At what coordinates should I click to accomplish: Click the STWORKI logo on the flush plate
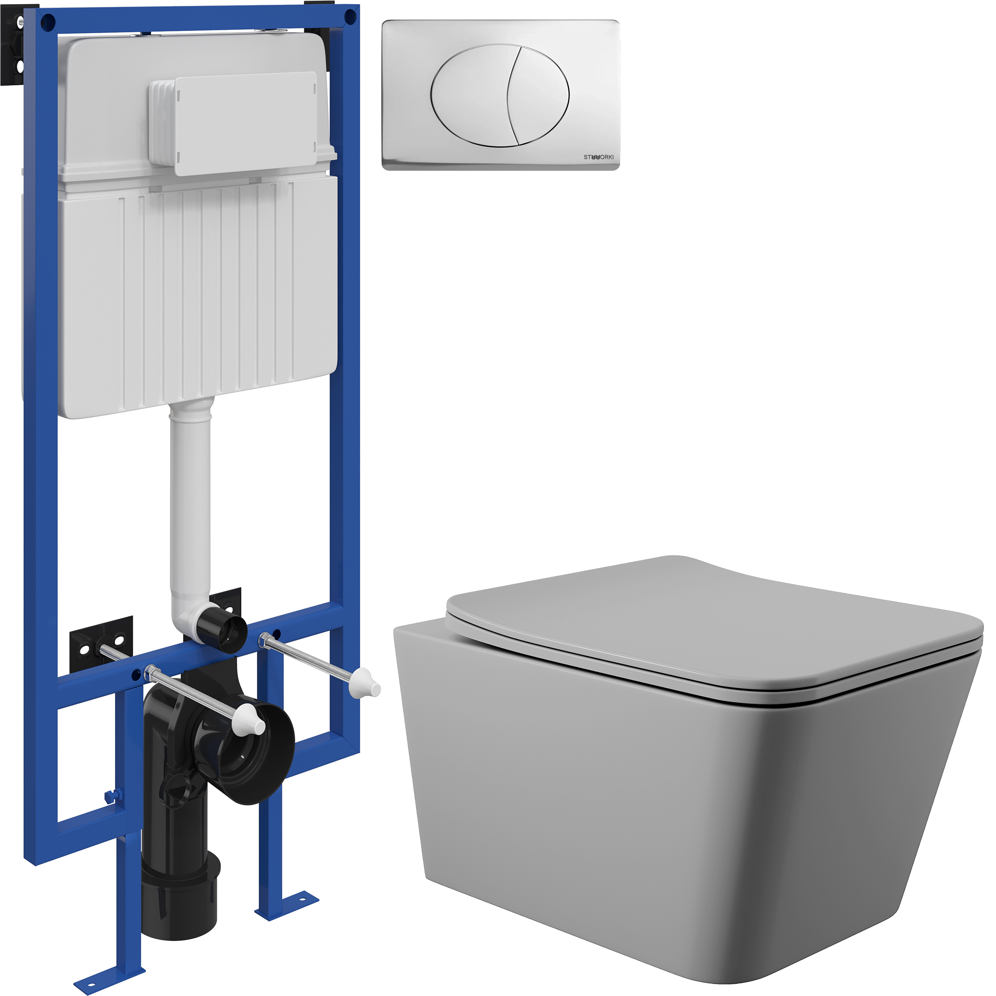tap(599, 157)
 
